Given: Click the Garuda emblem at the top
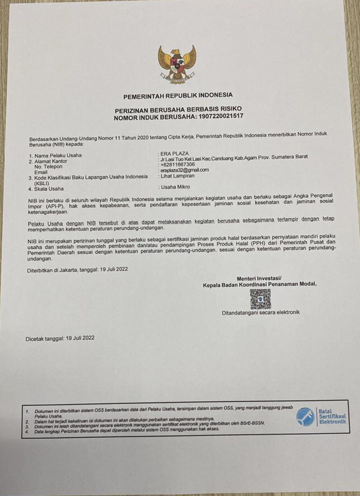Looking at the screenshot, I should point(177,63).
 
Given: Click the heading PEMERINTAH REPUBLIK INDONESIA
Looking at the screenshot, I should point(177,95).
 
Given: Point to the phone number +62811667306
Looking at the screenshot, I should point(177,164).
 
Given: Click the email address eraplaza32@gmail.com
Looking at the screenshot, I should point(184,170).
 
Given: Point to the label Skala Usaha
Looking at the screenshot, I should point(49,189).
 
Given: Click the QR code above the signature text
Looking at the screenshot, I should point(260,298).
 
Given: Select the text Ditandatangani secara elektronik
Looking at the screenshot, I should point(260,313).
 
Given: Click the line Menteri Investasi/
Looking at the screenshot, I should point(259,278).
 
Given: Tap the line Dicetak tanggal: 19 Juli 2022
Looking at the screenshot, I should point(60,338).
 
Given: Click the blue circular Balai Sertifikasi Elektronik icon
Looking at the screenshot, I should point(305,416).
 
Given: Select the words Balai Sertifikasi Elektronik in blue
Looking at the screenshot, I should point(331,416).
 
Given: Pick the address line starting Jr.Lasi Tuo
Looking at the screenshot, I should point(232,157).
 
